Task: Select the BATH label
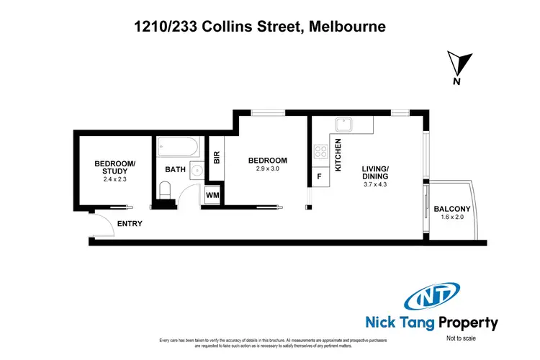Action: pos(176,170)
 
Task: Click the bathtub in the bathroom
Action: pos(177,148)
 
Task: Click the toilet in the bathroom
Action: pos(165,192)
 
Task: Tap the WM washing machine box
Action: pos(213,194)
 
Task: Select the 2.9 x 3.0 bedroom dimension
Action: pos(267,169)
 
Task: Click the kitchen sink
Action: pos(346,125)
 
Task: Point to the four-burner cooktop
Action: pos(320,153)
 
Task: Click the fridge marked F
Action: pos(319,176)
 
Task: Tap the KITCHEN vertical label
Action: pos(338,155)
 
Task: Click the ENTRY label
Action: pos(130,224)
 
